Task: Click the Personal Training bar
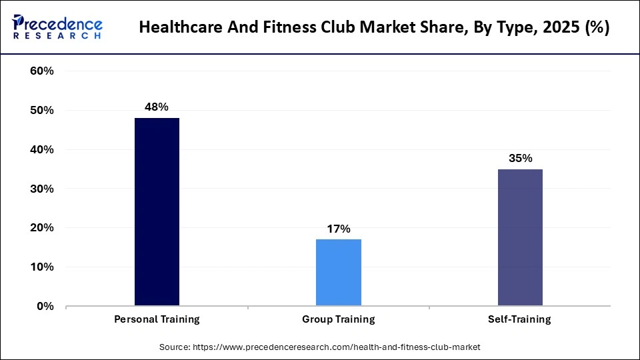157,212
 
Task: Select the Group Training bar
339,273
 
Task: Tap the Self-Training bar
520,237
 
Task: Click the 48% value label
157,107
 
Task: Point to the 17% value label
339,229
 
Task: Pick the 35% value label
520,158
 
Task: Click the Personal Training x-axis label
157,319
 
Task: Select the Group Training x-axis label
339,319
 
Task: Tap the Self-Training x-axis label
520,319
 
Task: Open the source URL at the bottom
336,347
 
